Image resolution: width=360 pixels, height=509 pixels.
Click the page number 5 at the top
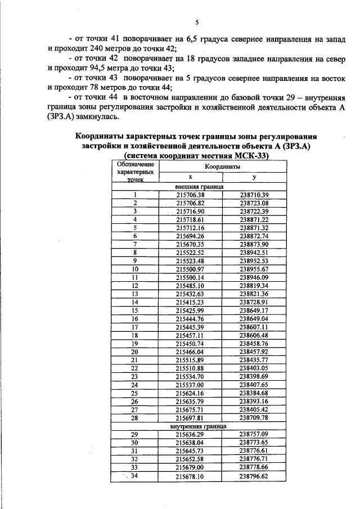[x=197, y=22]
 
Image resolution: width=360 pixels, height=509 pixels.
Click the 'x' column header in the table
[x=190, y=177]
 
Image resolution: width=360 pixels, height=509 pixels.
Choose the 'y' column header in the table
[x=254, y=177]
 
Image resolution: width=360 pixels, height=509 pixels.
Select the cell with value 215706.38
[x=190, y=194]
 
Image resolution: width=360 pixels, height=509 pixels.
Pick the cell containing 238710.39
[x=254, y=194]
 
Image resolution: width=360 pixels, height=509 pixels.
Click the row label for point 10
[x=135, y=269]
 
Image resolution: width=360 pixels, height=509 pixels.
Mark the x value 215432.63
[x=190, y=294]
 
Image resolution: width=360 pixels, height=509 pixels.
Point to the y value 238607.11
[x=254, y=327]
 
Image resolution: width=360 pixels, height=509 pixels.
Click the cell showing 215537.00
[x=190, y=385]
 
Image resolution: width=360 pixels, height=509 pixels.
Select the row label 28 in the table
[x=135, y=418]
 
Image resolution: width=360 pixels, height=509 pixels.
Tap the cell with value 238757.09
[x=254, y=435]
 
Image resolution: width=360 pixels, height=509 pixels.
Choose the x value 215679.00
[x=190, y=467]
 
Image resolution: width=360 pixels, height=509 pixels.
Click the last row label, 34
[x=135, y=476]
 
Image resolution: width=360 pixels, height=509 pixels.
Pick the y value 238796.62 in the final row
[x=254, y=476]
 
